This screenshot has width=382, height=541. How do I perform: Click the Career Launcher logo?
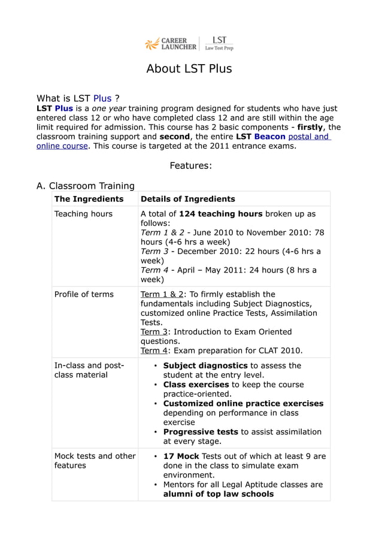click(x=171, y=44)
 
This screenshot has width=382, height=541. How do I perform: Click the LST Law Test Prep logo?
click(x=219, y=44)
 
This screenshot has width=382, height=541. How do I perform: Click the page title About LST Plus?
click(x=189, y=69)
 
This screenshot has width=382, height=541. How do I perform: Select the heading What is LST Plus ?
click(x=77, y=98)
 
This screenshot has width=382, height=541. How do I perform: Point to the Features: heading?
click(x=190, y=165)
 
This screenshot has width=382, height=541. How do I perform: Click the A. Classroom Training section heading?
click(x=86, y=186)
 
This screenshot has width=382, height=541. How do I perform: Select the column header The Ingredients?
click(x=89, y=199)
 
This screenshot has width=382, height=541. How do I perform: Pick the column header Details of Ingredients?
click(x=187, y=199)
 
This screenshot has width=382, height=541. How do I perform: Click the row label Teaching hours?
click(x=83, y=214)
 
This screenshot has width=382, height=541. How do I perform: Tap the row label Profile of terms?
click(x=84, y=294)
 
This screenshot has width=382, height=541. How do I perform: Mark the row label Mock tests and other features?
click(x=95, y=461)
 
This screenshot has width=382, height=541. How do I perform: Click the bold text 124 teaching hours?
click(x=220, y=214)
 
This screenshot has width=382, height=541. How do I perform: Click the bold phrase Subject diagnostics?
click(x=205, y=365)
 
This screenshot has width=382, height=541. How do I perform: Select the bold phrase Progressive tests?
click(x=201, y=432)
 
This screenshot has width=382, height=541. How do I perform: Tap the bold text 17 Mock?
click(x=181, y=456)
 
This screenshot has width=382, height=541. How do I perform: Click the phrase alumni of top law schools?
click(x=219, y=494)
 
